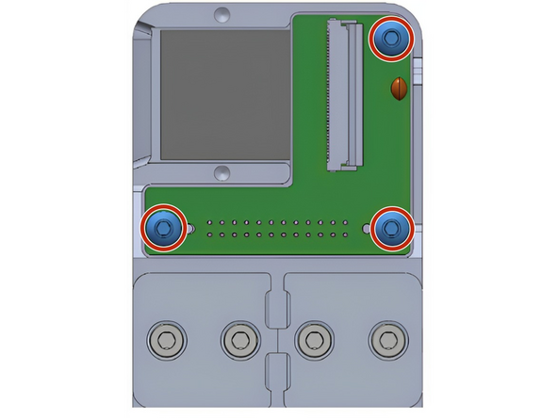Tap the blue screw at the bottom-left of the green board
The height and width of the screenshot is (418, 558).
coord(161,227)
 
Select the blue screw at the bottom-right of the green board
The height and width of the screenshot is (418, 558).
coord(389,227)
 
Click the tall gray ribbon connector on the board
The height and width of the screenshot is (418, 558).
coord(343,94)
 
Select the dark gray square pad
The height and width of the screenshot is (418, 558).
coord(224,92)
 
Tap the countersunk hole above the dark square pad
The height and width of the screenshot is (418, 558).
coord(222,16)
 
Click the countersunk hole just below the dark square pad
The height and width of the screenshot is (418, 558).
coord(222,172)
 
